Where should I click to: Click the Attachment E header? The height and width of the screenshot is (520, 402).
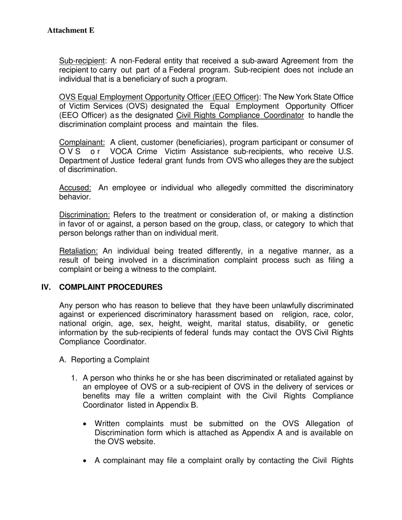tap(71, 30)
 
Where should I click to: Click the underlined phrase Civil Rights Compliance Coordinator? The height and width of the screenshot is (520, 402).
tap(240, 115)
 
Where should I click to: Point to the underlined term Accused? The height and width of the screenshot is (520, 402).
tap(75, 188)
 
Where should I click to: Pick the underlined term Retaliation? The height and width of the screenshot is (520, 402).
tap(78, 251)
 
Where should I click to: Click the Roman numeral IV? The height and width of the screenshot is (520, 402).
tap(46, 287)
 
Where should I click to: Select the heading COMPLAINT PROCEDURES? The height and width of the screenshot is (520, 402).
tap(111, 287)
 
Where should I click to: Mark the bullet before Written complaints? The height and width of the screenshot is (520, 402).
tap(86, 424)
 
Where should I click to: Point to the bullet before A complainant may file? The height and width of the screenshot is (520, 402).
tap(86, 460)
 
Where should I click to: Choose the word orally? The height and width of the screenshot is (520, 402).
tap(232, 460)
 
